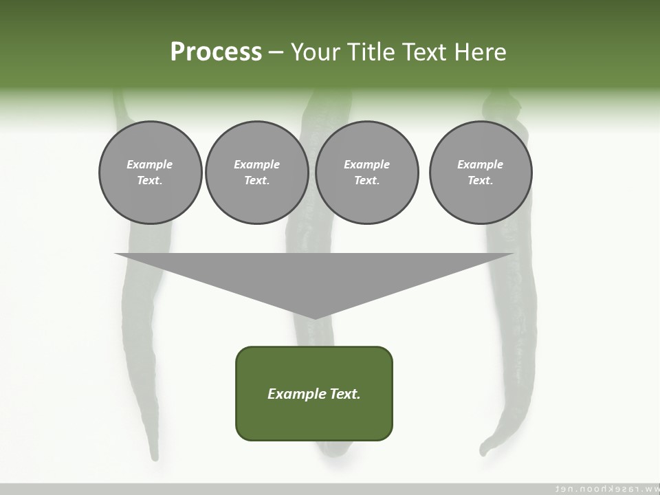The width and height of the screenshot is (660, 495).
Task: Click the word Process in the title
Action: (x=216, y=52)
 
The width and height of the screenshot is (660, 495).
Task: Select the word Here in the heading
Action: (x=480, y=52)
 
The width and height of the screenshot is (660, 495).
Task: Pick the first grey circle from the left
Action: (x=150, y=173)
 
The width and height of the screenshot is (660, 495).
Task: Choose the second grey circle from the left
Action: (x=256, y=173)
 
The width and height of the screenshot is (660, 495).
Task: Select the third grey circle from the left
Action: (x=366, y=173)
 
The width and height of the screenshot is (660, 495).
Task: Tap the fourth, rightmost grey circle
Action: (x=481, y=173)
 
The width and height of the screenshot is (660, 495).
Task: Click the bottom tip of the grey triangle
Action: (x=314, y=318)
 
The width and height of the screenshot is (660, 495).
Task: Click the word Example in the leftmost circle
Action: (x=150, y=164)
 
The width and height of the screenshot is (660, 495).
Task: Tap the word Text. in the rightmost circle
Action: (x=481, y=180)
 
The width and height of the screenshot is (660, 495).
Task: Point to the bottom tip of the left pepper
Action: (x=155, y=456)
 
